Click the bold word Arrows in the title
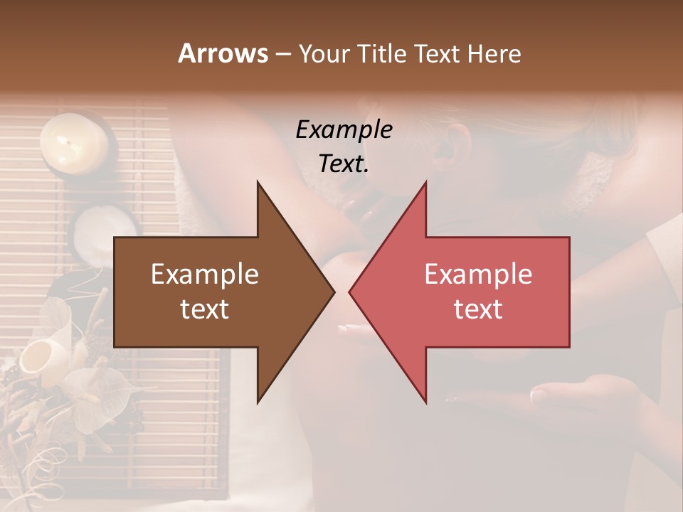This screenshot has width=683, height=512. [x=223, y=53]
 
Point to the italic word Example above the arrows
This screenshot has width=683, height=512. [x=344, y=129]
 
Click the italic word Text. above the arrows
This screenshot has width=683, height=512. [x=344, y=164]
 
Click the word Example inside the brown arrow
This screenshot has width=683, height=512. [x=205, y=274]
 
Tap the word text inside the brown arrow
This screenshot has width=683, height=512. [x=205, y=309]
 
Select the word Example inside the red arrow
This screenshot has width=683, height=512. [x=478, y=274]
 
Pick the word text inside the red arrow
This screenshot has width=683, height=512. [x=478, y=309]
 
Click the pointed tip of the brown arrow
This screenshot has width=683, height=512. [x=334, y=292]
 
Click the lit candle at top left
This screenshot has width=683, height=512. [x=73, y=142]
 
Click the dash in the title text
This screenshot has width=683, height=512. [x=282, y=55]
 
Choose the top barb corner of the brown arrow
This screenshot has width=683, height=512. [x=258, y=182]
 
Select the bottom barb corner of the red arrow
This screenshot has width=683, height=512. [x=426, y=402]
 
